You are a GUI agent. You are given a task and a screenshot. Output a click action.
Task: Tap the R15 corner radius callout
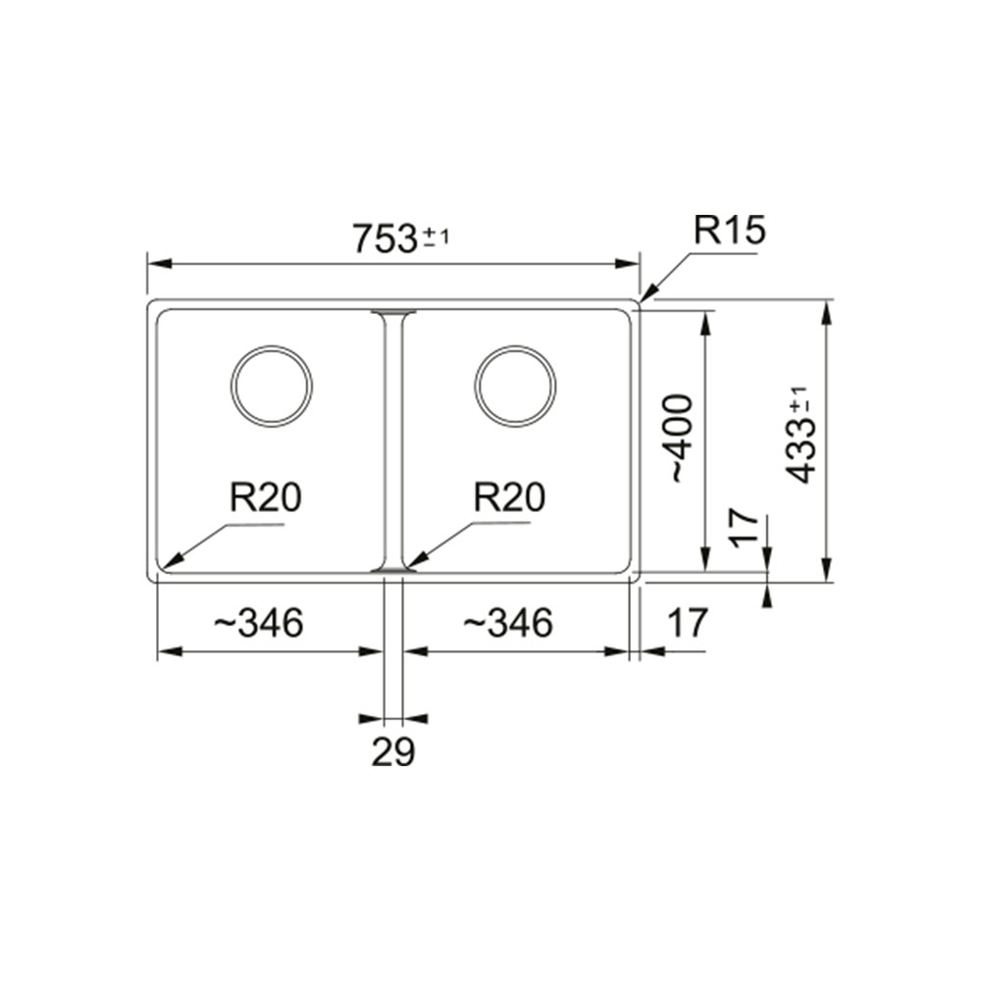(x=729, y=231)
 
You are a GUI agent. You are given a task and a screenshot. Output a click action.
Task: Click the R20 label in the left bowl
(x=265, y=497)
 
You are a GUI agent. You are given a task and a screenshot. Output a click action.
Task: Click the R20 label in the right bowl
(x=509, y=497)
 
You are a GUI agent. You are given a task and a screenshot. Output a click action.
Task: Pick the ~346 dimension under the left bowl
(x=258, y=623)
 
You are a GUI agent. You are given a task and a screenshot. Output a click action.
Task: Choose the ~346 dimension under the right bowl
(x=507, y=623)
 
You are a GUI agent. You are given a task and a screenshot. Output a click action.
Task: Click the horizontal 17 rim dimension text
(x=687, y=623)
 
